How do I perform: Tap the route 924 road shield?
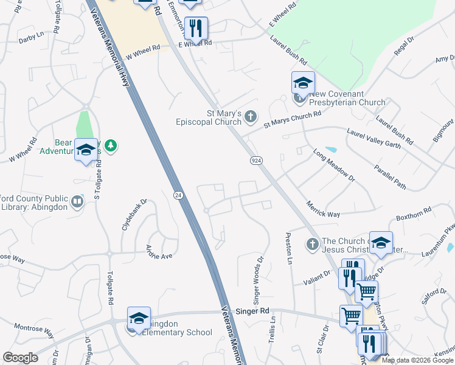coord(256,160)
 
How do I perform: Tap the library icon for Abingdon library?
coord(77,201)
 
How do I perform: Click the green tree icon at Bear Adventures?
coord(110,145)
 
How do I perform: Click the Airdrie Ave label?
coord(159,251)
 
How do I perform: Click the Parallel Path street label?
coord(390,177)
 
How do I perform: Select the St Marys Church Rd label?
coord(292,119)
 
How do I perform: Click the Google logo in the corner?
coord(20,358)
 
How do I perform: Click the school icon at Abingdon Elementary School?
coord(139,319)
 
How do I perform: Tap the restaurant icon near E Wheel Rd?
coord(196,29)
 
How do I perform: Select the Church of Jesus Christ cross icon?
coord(313,245)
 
